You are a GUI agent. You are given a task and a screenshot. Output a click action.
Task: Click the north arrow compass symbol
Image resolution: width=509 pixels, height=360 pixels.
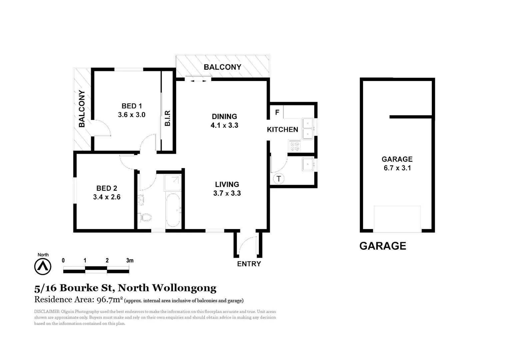tap(43, 267)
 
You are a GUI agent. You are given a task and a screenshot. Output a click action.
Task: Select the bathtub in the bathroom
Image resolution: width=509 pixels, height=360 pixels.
tap(173, 210)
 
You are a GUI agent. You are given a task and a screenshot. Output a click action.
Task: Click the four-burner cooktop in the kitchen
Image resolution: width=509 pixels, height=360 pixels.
tap(294, 146)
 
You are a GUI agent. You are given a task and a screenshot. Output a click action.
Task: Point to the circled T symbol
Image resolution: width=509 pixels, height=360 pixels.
tap(278, 179)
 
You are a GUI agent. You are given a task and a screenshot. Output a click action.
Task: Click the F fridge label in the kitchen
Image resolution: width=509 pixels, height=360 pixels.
tap(277, 112)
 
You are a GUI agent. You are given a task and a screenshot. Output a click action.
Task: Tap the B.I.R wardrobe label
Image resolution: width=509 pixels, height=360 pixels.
tap(168, 118)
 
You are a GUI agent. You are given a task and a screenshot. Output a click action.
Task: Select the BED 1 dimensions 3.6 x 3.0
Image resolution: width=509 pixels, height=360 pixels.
tap(132, 115)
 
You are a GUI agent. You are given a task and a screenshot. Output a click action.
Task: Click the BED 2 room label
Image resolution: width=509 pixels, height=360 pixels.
tap(107, 188)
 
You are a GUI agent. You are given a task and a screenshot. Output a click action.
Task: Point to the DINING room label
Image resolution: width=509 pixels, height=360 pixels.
tap(224, 116)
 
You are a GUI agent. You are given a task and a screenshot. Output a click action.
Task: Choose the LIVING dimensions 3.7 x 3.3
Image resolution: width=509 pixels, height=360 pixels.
tap(227, 193)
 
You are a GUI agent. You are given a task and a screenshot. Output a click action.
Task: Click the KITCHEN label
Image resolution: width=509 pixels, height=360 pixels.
tap(282, 130)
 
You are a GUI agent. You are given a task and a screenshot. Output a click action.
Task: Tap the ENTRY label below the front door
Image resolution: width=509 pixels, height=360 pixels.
tap(249, 264)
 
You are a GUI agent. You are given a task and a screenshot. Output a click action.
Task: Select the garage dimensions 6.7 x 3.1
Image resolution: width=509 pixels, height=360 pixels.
tap(397, 168)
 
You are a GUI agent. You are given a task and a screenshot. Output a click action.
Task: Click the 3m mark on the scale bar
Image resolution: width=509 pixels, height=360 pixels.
tap(130, 260)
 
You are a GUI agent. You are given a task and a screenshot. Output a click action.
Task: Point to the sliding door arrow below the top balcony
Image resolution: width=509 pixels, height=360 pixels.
tap(199, 81)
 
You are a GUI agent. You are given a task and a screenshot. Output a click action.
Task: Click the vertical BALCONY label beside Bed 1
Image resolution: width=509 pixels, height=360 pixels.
tap(82, 109)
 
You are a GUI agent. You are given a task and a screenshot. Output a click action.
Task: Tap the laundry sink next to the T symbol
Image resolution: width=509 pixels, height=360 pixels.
tap(308, 164)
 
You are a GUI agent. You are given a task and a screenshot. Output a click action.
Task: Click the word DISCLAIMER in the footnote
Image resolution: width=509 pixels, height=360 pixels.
tap(47, 312)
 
